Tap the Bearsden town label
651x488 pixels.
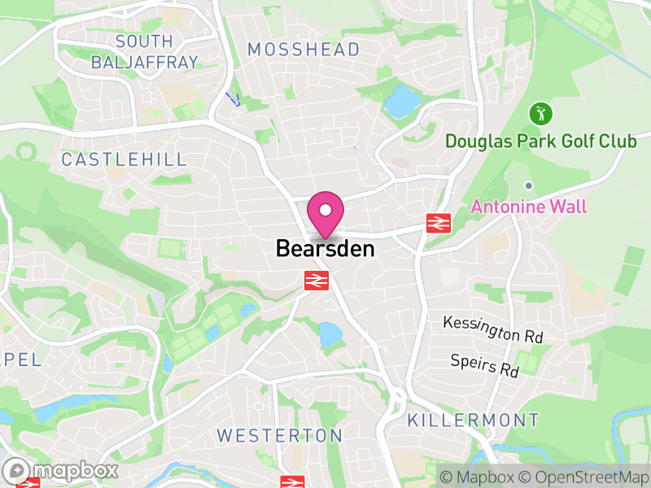point(325,248)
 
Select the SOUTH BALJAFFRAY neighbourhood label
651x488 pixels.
point(144,51)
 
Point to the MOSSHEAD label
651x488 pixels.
point(304,50)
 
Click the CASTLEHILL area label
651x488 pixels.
point(125,159)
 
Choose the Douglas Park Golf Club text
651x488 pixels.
point(540,142)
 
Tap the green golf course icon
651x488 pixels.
point(540,112)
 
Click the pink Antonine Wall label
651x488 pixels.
point(528,207)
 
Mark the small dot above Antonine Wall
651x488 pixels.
point(528,185)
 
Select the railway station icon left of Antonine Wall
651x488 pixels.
point(439,222)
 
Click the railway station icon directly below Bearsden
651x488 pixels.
point(316,281)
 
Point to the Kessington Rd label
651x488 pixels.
point(492,329)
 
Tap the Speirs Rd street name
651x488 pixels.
point(485,365)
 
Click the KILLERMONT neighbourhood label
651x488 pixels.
point(473,420)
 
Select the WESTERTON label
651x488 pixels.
point(280,436)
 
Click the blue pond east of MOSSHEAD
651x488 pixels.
point(400,102)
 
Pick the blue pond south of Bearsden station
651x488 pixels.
point(330,333)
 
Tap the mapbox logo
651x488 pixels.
point(61,470)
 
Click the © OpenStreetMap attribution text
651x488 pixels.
point(583,476)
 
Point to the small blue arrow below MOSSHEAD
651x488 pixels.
point(233,99)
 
